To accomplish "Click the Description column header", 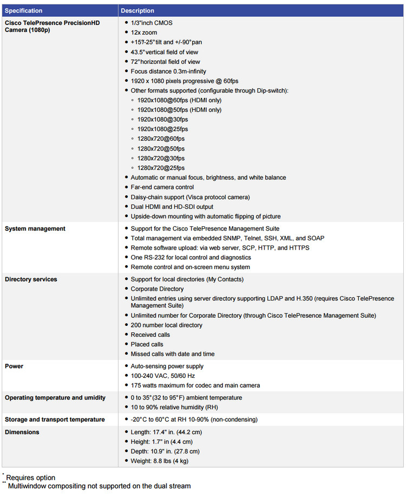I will pos(137,11).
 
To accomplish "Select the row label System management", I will pos(35,228).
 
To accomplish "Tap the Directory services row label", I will pos(31,279).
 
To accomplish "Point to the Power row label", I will pos(14,366).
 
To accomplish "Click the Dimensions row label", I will pos(22,432).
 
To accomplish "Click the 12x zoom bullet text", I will pos(143,32).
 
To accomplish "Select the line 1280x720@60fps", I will pos(161,139).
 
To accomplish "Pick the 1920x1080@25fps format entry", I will pos(162,129).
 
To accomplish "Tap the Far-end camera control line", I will pos(162,187).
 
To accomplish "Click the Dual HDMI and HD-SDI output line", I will pos(172,207).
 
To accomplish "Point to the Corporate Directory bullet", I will pos(158,289).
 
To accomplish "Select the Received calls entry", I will pos(150,335).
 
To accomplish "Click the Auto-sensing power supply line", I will pos(167,366).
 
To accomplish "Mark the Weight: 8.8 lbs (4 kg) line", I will pos(159,461).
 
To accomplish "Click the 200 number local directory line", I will pos(166,325).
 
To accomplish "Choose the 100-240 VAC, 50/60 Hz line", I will pos(163,376).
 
